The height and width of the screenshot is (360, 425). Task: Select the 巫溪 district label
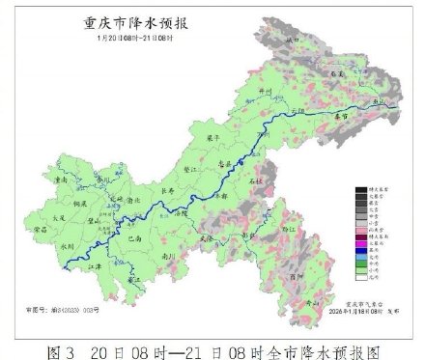pyautogui.click(x=337, y=72)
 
